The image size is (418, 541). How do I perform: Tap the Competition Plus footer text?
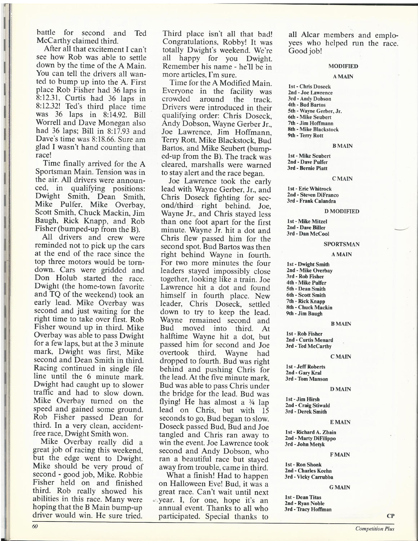tap(374, 529)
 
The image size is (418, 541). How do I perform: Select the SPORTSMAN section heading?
tap(341, 244)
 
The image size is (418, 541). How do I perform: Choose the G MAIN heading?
tap(339, 487)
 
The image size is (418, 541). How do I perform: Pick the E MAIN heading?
tap(339, 422)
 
